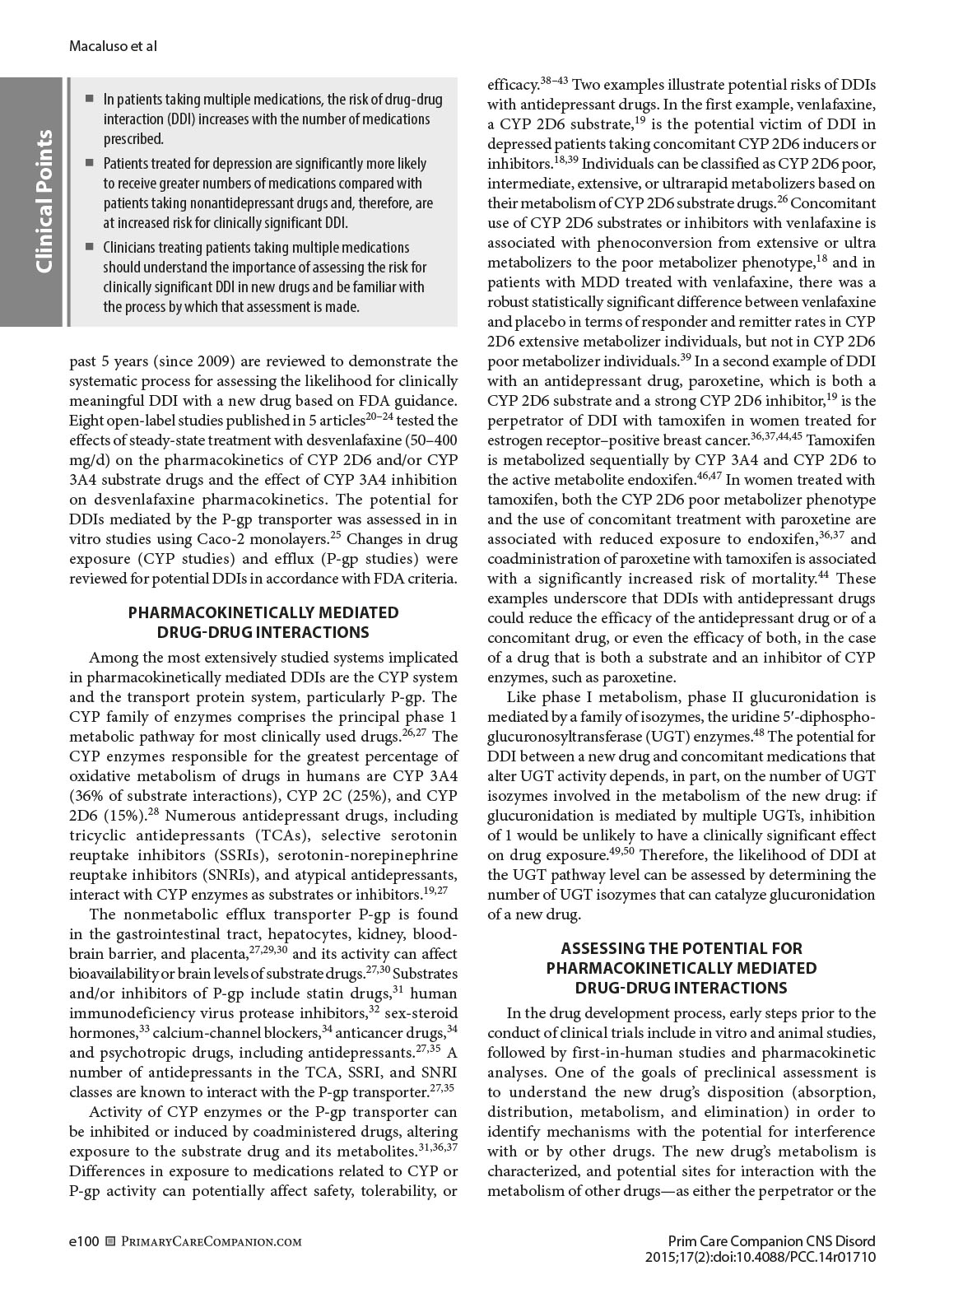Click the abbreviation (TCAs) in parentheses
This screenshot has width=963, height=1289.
278,835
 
